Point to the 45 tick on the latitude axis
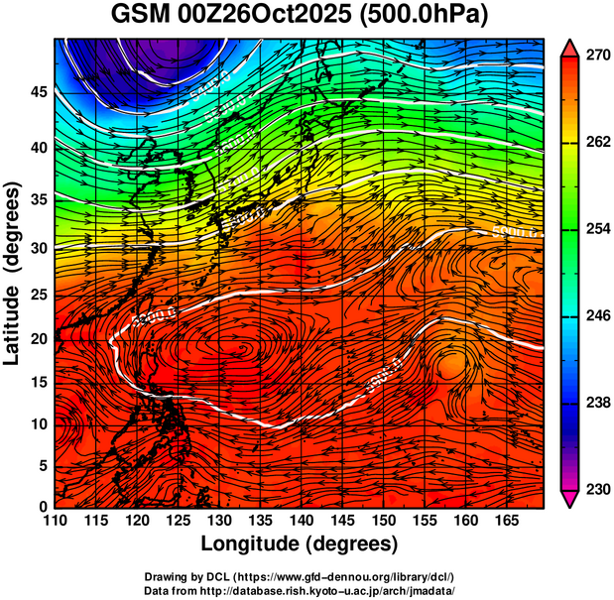click(38, 92)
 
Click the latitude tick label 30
click(38, 248)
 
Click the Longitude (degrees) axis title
click(300, 543)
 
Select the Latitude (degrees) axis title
click(13, 274)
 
